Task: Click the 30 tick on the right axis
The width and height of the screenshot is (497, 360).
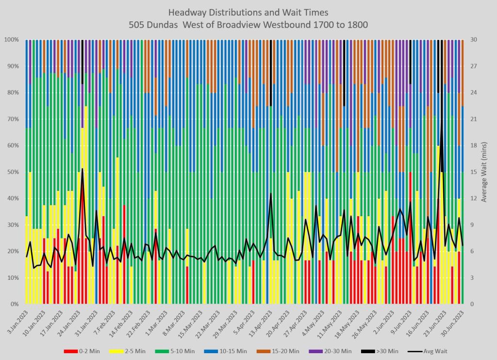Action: (473, 39)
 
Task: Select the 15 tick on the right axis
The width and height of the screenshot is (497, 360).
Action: (473, 172)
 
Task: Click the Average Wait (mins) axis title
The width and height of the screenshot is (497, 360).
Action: (484, 172)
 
